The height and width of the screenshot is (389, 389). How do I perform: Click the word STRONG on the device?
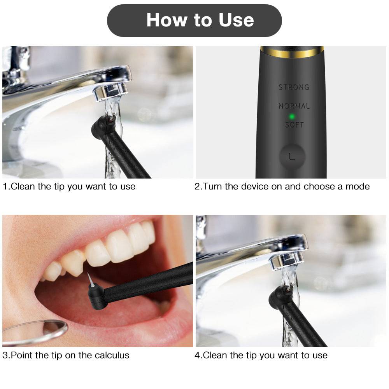pyautogui.click(x=294, y=87)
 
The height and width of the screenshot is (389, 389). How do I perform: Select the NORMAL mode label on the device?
pyautogui.click(x=294, y=106)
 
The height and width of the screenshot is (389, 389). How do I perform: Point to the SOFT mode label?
pyautogui.click(x=294, y=125)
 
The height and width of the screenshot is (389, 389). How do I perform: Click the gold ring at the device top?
pyautogui.click(x=292, y=51)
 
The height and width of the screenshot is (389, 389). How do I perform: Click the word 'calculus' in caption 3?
pyautogui.click(x=111, y=355)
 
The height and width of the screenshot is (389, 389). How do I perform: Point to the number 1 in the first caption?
pyautogui.click(x=5, y=186)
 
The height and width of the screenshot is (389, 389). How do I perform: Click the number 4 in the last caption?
pyautogui.click(x=197, y=355)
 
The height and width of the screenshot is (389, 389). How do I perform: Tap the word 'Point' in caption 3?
pyautogui.click(x=21, y=355)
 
